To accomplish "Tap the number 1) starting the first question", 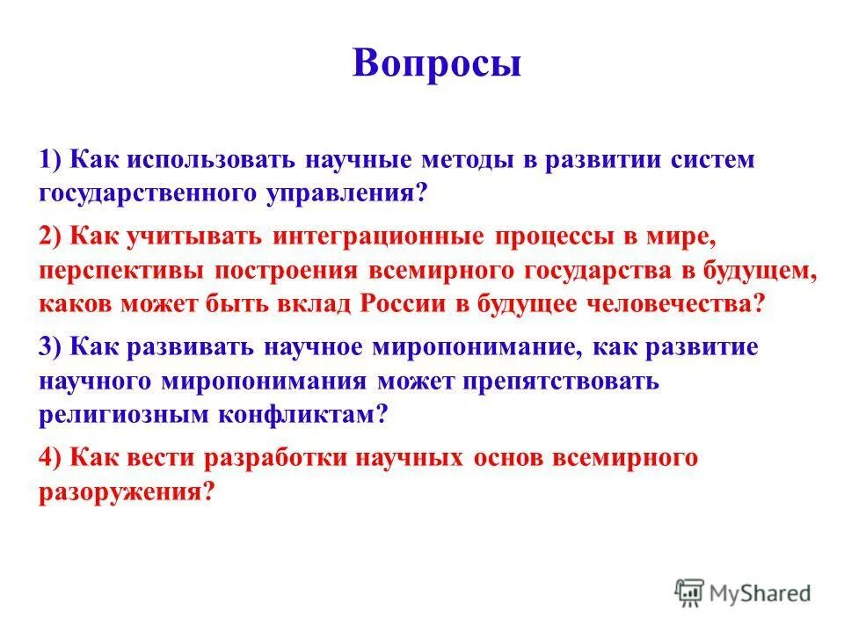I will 52,159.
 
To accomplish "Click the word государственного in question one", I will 149,193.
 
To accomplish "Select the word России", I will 400,303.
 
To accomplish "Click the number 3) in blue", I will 52,346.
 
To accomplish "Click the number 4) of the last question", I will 52,457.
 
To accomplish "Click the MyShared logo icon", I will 690,593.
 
